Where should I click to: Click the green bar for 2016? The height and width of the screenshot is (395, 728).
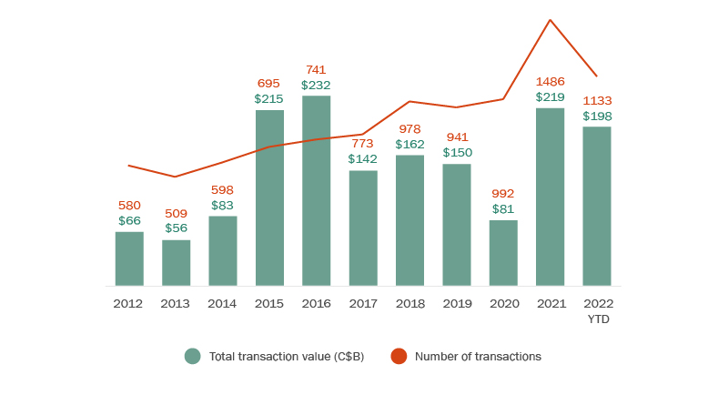tap(316, 190)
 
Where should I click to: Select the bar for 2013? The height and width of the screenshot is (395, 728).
tap(176, 263)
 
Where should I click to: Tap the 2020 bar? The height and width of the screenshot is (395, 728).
tap(503, 253)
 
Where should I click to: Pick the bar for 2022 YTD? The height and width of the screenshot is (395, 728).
tap(596, 206)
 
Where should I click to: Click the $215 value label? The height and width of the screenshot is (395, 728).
tap(269, 98)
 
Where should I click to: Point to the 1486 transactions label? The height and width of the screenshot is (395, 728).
tap(550, 82)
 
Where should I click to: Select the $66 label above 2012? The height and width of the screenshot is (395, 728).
tap(129, 220)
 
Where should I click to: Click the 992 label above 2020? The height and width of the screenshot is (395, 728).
tap(503, 194)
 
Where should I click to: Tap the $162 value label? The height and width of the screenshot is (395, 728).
tap(409, 144)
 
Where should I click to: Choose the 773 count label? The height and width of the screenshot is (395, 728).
tap(363, 144)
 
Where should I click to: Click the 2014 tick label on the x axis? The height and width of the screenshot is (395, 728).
tap(223, 303)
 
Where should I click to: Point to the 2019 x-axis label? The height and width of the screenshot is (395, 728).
tap(456, 303)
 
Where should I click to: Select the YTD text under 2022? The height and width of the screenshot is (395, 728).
tap(597, 319)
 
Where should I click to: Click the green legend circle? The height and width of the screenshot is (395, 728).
tap(192, 356)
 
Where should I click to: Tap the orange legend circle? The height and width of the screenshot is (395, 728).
tap(399, 356)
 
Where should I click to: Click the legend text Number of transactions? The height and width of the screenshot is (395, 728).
tap(478, 356)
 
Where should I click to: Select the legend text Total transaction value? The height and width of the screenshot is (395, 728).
tap(286, 356)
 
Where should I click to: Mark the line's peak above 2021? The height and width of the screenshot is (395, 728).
tap(550, 20)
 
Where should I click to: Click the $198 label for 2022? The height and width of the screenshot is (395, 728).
tap(597, 116)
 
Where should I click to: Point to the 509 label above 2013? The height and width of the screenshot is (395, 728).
tap(176, 214)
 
